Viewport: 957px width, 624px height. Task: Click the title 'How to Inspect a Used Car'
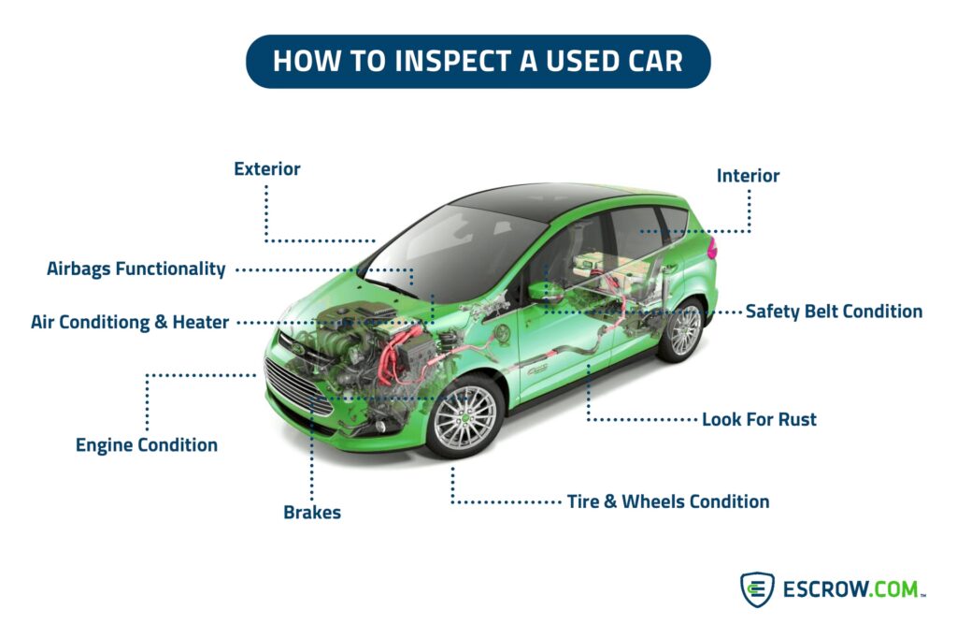coord(478,61)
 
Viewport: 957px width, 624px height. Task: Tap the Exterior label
coord(267,168)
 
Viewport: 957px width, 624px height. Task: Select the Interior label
coord(748,175)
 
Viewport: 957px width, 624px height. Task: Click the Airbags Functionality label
coord(136,268)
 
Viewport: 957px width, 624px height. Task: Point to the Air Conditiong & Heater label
coord(130,322)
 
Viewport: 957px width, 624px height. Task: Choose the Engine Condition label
coord(147,445)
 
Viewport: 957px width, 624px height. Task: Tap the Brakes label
coord(312,512)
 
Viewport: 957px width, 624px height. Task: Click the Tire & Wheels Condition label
coord(668,501)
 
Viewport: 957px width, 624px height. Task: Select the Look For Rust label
coord(759,419)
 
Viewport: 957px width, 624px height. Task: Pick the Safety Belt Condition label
coord(834,312)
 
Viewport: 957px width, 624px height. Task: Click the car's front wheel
coord(464,417)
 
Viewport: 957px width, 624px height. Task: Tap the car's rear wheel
coord(682,330)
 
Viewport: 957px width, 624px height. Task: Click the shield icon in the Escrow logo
coord(757,589)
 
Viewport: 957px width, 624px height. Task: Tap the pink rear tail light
coord(711,248)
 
